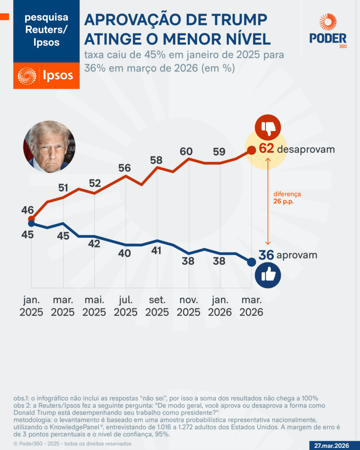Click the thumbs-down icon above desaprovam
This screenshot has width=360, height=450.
point(268,127)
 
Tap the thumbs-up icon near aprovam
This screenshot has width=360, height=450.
point(268,275)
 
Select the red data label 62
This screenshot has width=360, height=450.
point(266,149)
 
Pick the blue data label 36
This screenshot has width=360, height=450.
point(266,255)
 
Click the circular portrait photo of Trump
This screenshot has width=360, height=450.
point(49,146)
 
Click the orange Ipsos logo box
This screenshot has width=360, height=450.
point(46,76)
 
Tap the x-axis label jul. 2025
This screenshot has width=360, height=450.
point(126,306)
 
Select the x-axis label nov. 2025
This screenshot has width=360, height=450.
point(189,306)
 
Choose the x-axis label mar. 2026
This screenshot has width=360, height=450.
point(251,306)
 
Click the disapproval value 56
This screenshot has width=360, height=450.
point(124,167)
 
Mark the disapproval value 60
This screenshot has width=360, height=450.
point(186,151)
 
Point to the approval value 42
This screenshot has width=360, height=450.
point(94,243)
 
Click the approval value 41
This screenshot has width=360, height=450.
point(156,250)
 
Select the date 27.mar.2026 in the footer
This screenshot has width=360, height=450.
point(331,445)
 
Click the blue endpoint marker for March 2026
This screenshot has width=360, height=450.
point(251,262)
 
